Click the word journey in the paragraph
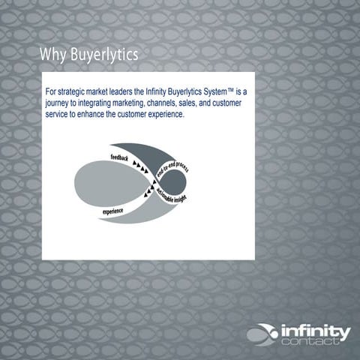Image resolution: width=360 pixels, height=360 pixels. pos(58,98)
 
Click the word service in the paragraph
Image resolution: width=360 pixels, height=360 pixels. pos(58,107)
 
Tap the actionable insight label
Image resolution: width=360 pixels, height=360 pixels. pos(173,197)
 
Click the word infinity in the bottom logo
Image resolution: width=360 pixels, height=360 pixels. pos(316,331)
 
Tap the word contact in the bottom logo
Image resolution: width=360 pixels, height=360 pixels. pos(319,343)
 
